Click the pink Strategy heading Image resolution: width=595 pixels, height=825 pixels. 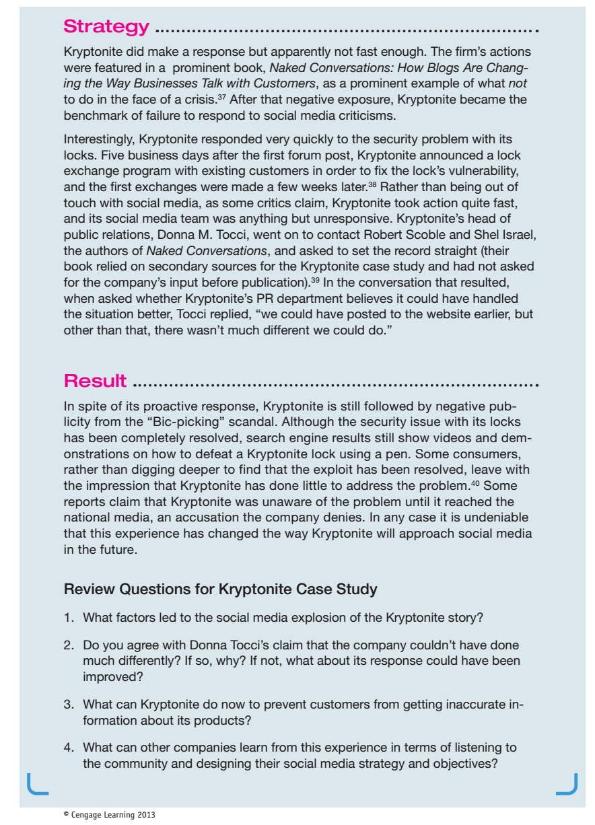click(106, 27)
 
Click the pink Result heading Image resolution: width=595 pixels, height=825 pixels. click(95, 381)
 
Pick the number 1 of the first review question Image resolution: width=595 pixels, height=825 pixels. click(68, 616)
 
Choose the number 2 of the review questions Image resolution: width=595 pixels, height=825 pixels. click(68, 645)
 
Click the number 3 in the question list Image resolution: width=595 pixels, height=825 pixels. click(68, 705)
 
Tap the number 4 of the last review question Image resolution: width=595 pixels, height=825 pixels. click(68, 748)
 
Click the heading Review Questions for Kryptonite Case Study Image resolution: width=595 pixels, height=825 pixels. click(220, 589)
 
